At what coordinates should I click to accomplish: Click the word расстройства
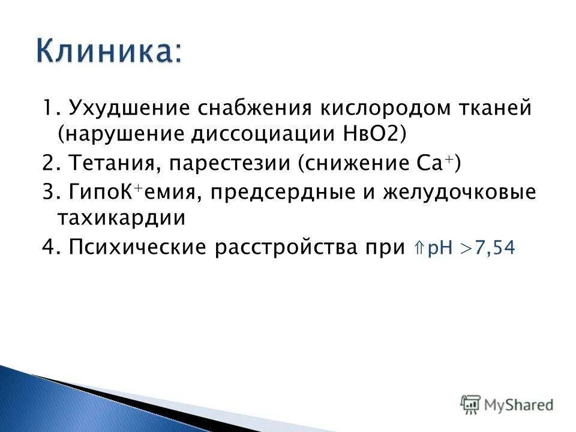(x=286, y=247)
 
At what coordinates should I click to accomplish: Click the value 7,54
(x=494, y=247)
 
